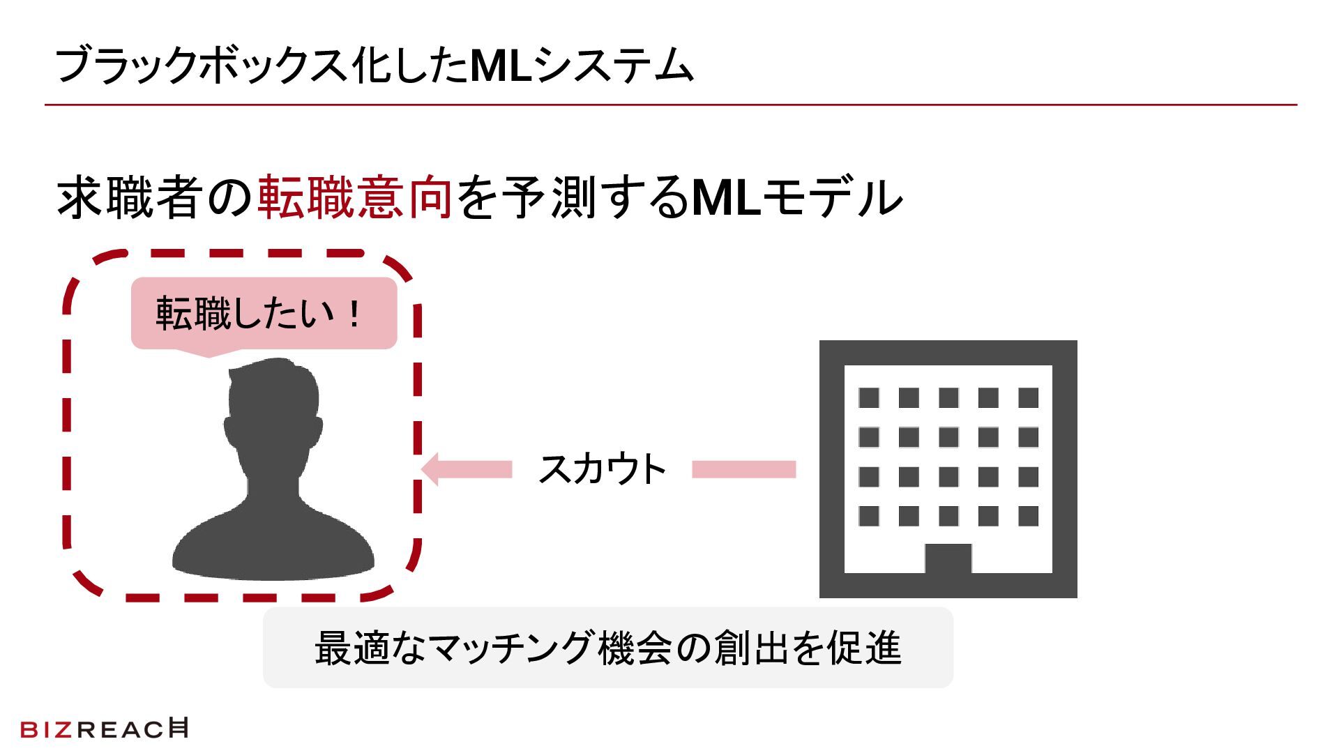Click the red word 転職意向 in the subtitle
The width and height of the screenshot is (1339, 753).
(x=355, y=197)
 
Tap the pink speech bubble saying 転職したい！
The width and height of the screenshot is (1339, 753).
(x=264, y=314)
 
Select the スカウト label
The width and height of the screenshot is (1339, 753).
(x=603, y=469)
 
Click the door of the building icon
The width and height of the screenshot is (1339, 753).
(x=948, y=558)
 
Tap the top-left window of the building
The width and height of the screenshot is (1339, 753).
(x=868, y=398)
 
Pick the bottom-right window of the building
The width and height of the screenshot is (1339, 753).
(x=1028, y=517)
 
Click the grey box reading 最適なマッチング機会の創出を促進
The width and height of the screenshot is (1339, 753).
(x=607, y=648)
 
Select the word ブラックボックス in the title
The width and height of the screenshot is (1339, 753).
(x=201, y=66)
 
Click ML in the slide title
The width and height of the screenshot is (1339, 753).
(x=501, y=66)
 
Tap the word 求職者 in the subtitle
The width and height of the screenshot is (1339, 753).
(x=130, y=197)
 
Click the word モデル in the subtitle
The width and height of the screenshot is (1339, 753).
(x=833, y=197)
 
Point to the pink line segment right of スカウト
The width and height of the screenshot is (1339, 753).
(x=743, y=469)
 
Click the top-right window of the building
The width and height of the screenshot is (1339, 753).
(x=1028, y=398)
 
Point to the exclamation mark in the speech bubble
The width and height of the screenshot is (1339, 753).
(x=354, y=314)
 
